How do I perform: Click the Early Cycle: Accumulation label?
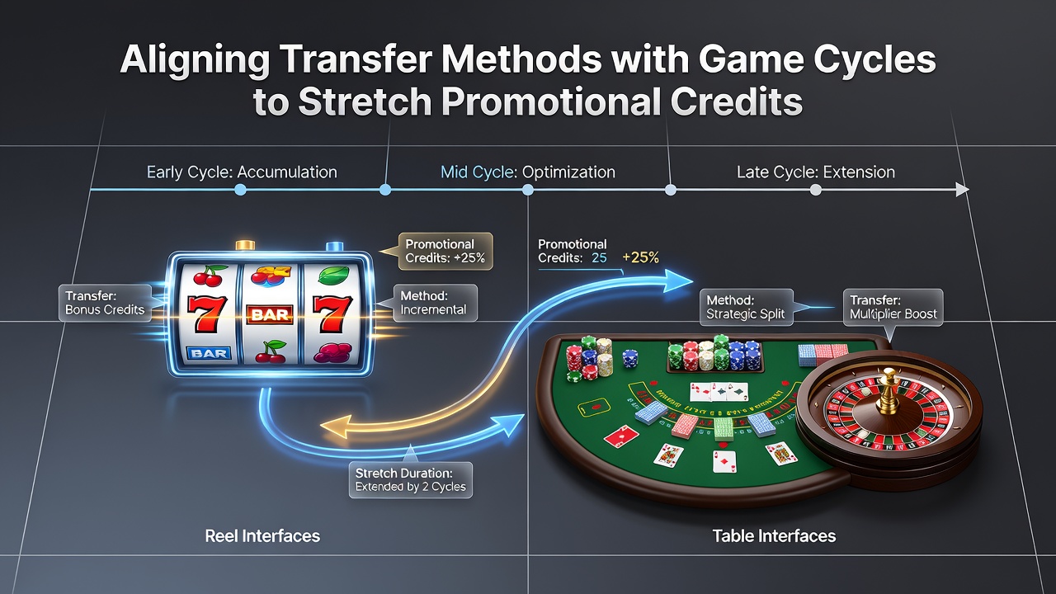point(242,172)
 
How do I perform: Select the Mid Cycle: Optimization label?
point(527,172)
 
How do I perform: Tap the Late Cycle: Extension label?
point(816,172)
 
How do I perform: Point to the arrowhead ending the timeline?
point(962,190)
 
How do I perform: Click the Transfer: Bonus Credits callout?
point(105,303)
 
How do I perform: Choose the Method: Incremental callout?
point(435,303)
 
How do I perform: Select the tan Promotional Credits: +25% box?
point(445,252)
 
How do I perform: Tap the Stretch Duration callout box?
point(411,480)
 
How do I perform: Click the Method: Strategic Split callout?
point(746,307)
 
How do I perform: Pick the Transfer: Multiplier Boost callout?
point(893,308)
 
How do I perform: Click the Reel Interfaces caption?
point(262,536)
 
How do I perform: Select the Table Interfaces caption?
point(774,536)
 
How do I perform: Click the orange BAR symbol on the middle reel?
point(270,314)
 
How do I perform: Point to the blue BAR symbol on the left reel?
point(209,353)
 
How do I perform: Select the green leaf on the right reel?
point(334,275)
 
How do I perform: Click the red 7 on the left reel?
point(205,313)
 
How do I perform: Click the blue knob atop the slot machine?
point(335,246)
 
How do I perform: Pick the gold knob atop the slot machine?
point(245,245)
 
